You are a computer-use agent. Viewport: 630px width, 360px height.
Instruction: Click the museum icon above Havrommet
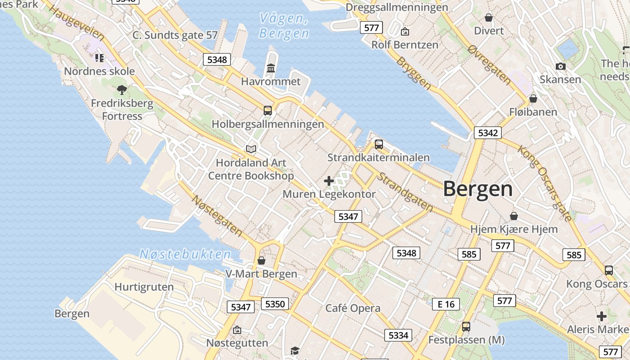(271, 68)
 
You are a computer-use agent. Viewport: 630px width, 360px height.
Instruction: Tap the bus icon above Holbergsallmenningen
(268, 110)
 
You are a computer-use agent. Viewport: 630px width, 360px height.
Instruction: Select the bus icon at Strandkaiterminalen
(379, 144)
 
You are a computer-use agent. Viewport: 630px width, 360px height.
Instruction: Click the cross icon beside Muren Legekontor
(329, 181)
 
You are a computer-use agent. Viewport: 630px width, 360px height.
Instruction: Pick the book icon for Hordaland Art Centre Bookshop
(251, 149)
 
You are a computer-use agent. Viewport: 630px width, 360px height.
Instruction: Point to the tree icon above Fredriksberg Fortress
(121, 90)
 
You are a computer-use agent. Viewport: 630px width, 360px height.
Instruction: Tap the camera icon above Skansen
(560, 67)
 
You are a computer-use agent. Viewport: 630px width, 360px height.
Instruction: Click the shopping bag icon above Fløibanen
(533, 98)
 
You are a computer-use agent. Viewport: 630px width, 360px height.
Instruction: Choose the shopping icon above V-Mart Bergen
(261, 261)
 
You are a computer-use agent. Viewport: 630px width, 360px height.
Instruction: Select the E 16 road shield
(446, 304)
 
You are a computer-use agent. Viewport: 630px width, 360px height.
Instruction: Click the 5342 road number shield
(487, 133)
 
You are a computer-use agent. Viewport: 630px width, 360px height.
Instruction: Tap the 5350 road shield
(274, 304)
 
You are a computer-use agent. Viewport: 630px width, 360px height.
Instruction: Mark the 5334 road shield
(398, 335)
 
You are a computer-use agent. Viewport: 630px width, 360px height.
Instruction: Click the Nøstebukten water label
(185, 254)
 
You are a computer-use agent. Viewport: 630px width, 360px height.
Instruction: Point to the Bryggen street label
(414, 72)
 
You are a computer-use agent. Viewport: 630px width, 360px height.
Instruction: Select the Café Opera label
(353, 309)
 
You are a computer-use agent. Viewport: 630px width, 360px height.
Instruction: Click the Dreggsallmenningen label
(397, 7)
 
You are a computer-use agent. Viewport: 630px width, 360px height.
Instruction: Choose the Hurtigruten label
(144, 287)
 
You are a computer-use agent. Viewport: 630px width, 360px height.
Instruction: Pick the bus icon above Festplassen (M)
(466, 327)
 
